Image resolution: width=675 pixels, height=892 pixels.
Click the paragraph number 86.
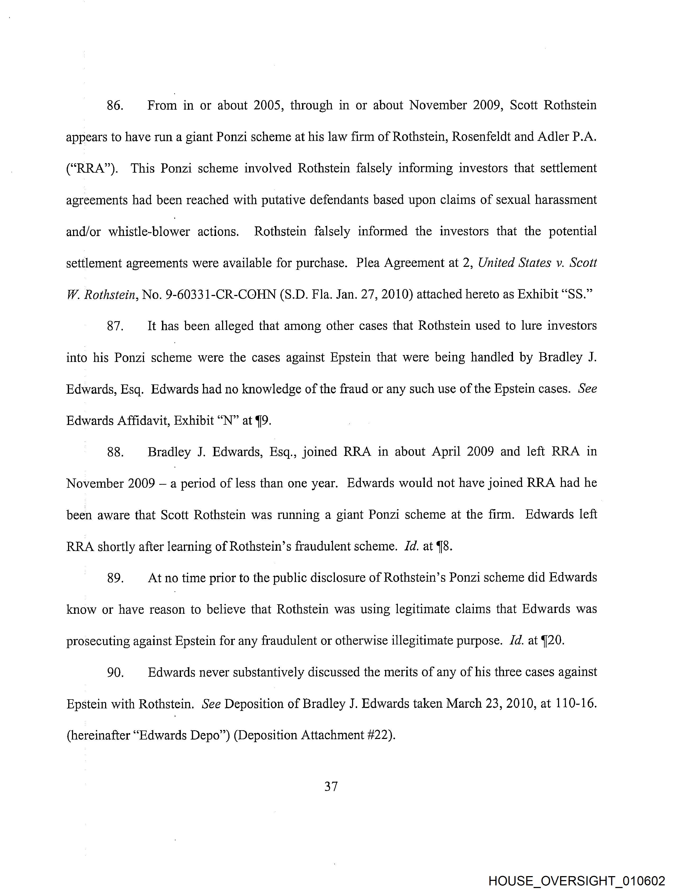click(115, 106)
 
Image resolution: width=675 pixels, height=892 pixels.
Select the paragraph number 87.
click(115, 326)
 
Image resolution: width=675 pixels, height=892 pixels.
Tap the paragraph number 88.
click(115, 452)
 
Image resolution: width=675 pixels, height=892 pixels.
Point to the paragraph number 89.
click(115, 578)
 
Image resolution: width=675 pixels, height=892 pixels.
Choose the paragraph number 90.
click(115, 673)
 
